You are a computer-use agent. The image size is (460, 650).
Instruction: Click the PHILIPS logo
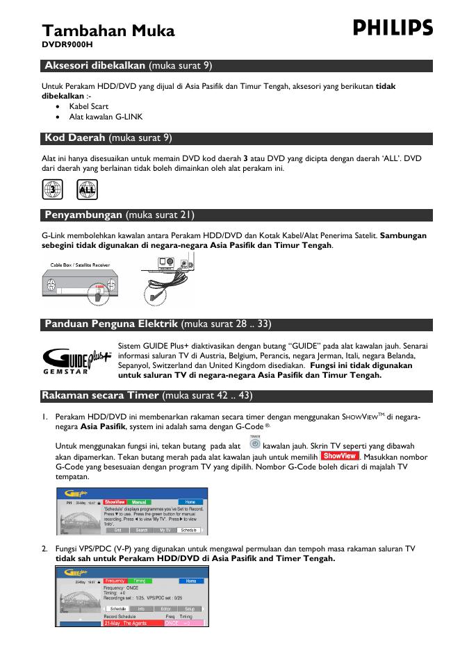[393, 28]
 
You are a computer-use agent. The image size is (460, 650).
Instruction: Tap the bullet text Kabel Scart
[88, 106]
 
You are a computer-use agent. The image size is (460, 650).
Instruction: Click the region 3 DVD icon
[52, 188]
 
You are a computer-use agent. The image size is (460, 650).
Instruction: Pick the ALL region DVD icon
[88, 188]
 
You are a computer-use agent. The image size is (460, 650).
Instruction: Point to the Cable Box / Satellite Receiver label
[80, 265]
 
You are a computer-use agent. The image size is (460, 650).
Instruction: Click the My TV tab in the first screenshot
[164, 530]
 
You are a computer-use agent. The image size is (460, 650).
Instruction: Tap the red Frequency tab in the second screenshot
[116, 580]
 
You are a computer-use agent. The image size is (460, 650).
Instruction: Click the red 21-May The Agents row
[132, 623]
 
